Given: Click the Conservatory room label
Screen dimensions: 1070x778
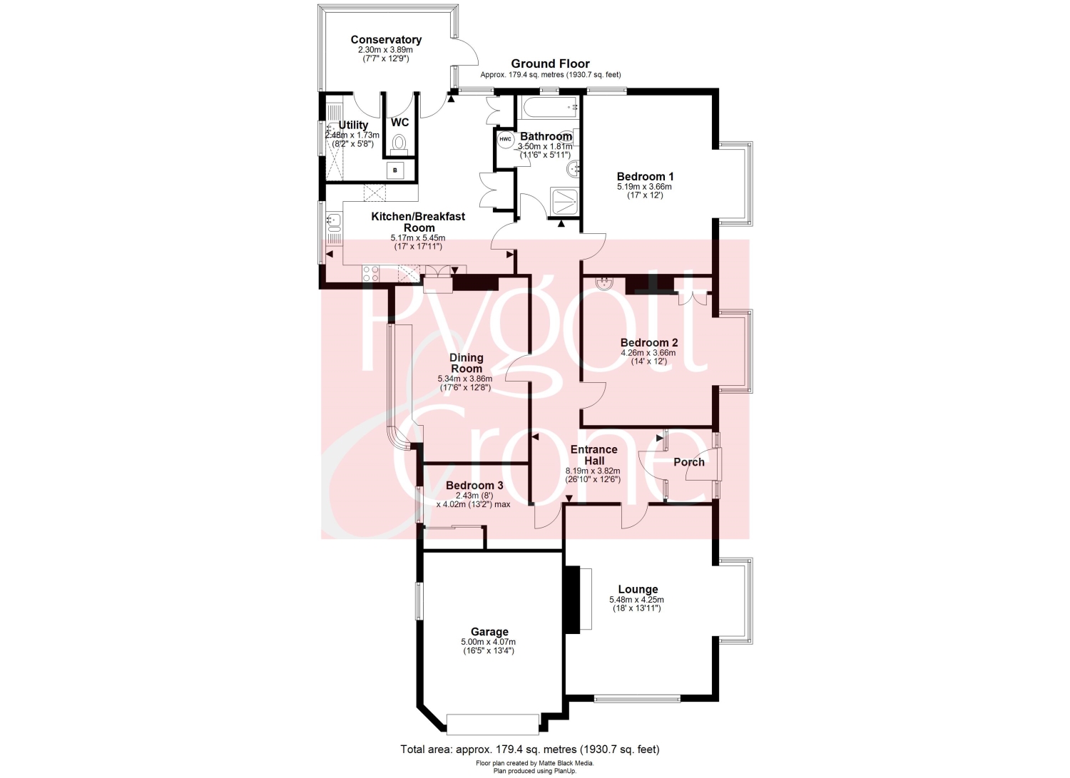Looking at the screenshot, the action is tap(386, 40).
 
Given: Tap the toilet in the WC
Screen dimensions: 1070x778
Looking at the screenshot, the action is tap(398, 144).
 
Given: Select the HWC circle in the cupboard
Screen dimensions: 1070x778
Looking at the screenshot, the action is tap(505, 140).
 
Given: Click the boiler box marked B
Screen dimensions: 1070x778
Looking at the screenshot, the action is tap(395, 170).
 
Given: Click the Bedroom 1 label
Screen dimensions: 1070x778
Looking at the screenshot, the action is tap(645, 176).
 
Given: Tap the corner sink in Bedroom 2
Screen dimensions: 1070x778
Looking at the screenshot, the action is tap(605, 282).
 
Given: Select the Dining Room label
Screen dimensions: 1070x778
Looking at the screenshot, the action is tap(467, 363).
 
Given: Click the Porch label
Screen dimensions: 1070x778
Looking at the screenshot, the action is tap(689, 462).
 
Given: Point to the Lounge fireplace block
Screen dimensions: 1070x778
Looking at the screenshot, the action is tap(572, 599).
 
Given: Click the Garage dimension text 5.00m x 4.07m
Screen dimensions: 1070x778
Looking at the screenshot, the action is tap(489, 642).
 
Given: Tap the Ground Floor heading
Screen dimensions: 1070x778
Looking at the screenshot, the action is tap(550, 63).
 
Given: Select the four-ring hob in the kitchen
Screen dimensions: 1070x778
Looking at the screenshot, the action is tap(370, 274).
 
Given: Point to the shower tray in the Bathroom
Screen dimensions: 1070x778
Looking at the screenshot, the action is tap(565, 203).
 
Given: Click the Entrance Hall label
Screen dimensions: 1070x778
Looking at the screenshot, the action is tap(593, 455).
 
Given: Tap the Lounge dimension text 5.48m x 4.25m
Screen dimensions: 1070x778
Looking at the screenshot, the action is tap(636, 600).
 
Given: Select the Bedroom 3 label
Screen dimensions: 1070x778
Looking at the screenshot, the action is tap(474, 485).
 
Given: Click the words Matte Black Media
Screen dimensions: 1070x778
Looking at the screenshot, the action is tap(566, 763).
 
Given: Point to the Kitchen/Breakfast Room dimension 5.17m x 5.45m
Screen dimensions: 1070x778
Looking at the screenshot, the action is tap(418, 238).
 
